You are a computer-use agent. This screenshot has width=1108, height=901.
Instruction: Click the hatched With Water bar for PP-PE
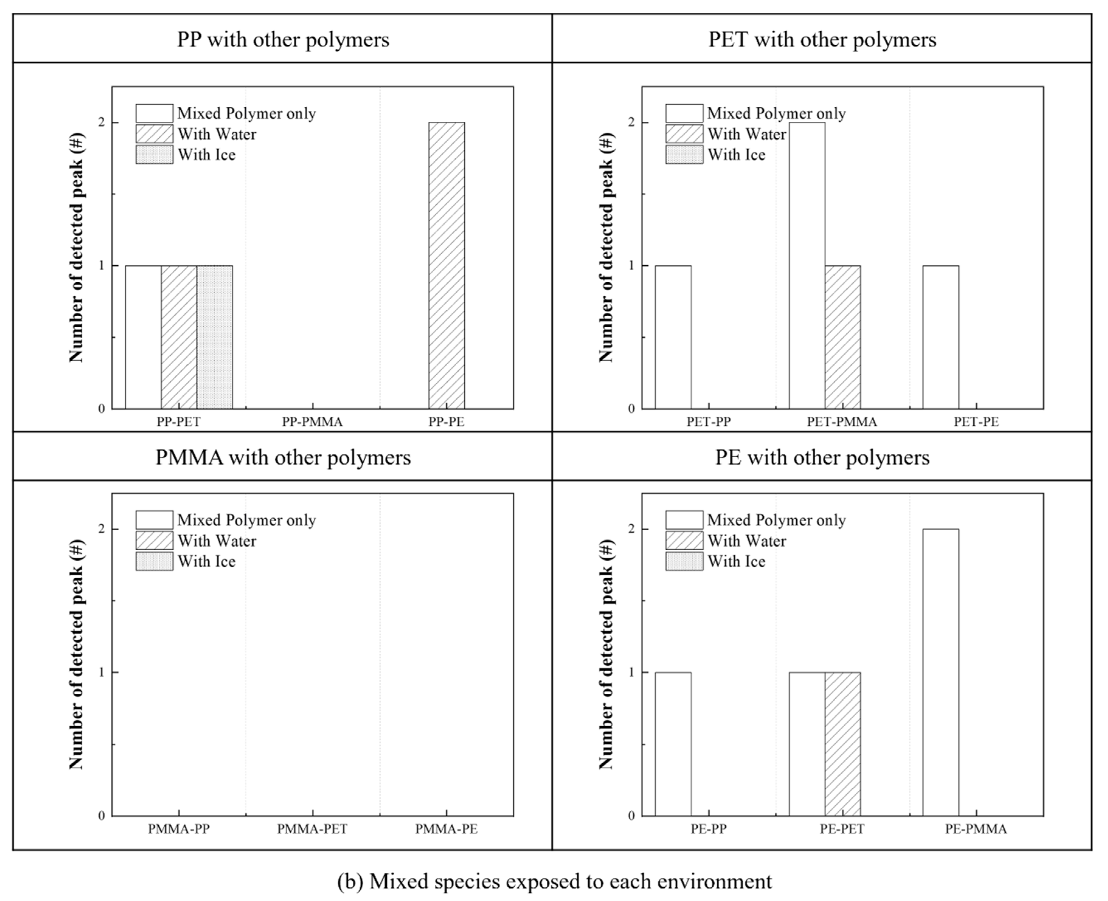[447, 266]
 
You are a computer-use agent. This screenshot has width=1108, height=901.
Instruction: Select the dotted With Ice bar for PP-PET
[214, 337]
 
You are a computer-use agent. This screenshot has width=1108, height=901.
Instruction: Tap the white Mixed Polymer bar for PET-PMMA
[807, 266]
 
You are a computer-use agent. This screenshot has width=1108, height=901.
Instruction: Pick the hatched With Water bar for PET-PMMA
[843, 337]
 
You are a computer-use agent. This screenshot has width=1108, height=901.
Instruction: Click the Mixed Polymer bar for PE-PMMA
[941, 673]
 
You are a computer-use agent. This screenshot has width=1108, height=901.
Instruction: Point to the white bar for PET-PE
[941, 337]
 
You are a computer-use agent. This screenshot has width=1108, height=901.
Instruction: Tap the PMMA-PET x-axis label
[312, 829]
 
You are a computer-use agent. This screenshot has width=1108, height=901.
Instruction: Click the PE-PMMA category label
[976, 829]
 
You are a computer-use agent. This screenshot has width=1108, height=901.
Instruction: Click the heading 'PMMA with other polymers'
[283, 458]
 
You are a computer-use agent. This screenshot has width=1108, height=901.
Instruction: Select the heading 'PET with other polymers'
[822, 40]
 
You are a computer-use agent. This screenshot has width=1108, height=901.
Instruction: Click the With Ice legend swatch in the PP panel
[154, 155]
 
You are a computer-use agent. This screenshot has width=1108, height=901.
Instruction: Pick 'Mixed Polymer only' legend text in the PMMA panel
[247, 520]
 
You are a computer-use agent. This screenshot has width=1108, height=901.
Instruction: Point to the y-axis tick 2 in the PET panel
[631, 122]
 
